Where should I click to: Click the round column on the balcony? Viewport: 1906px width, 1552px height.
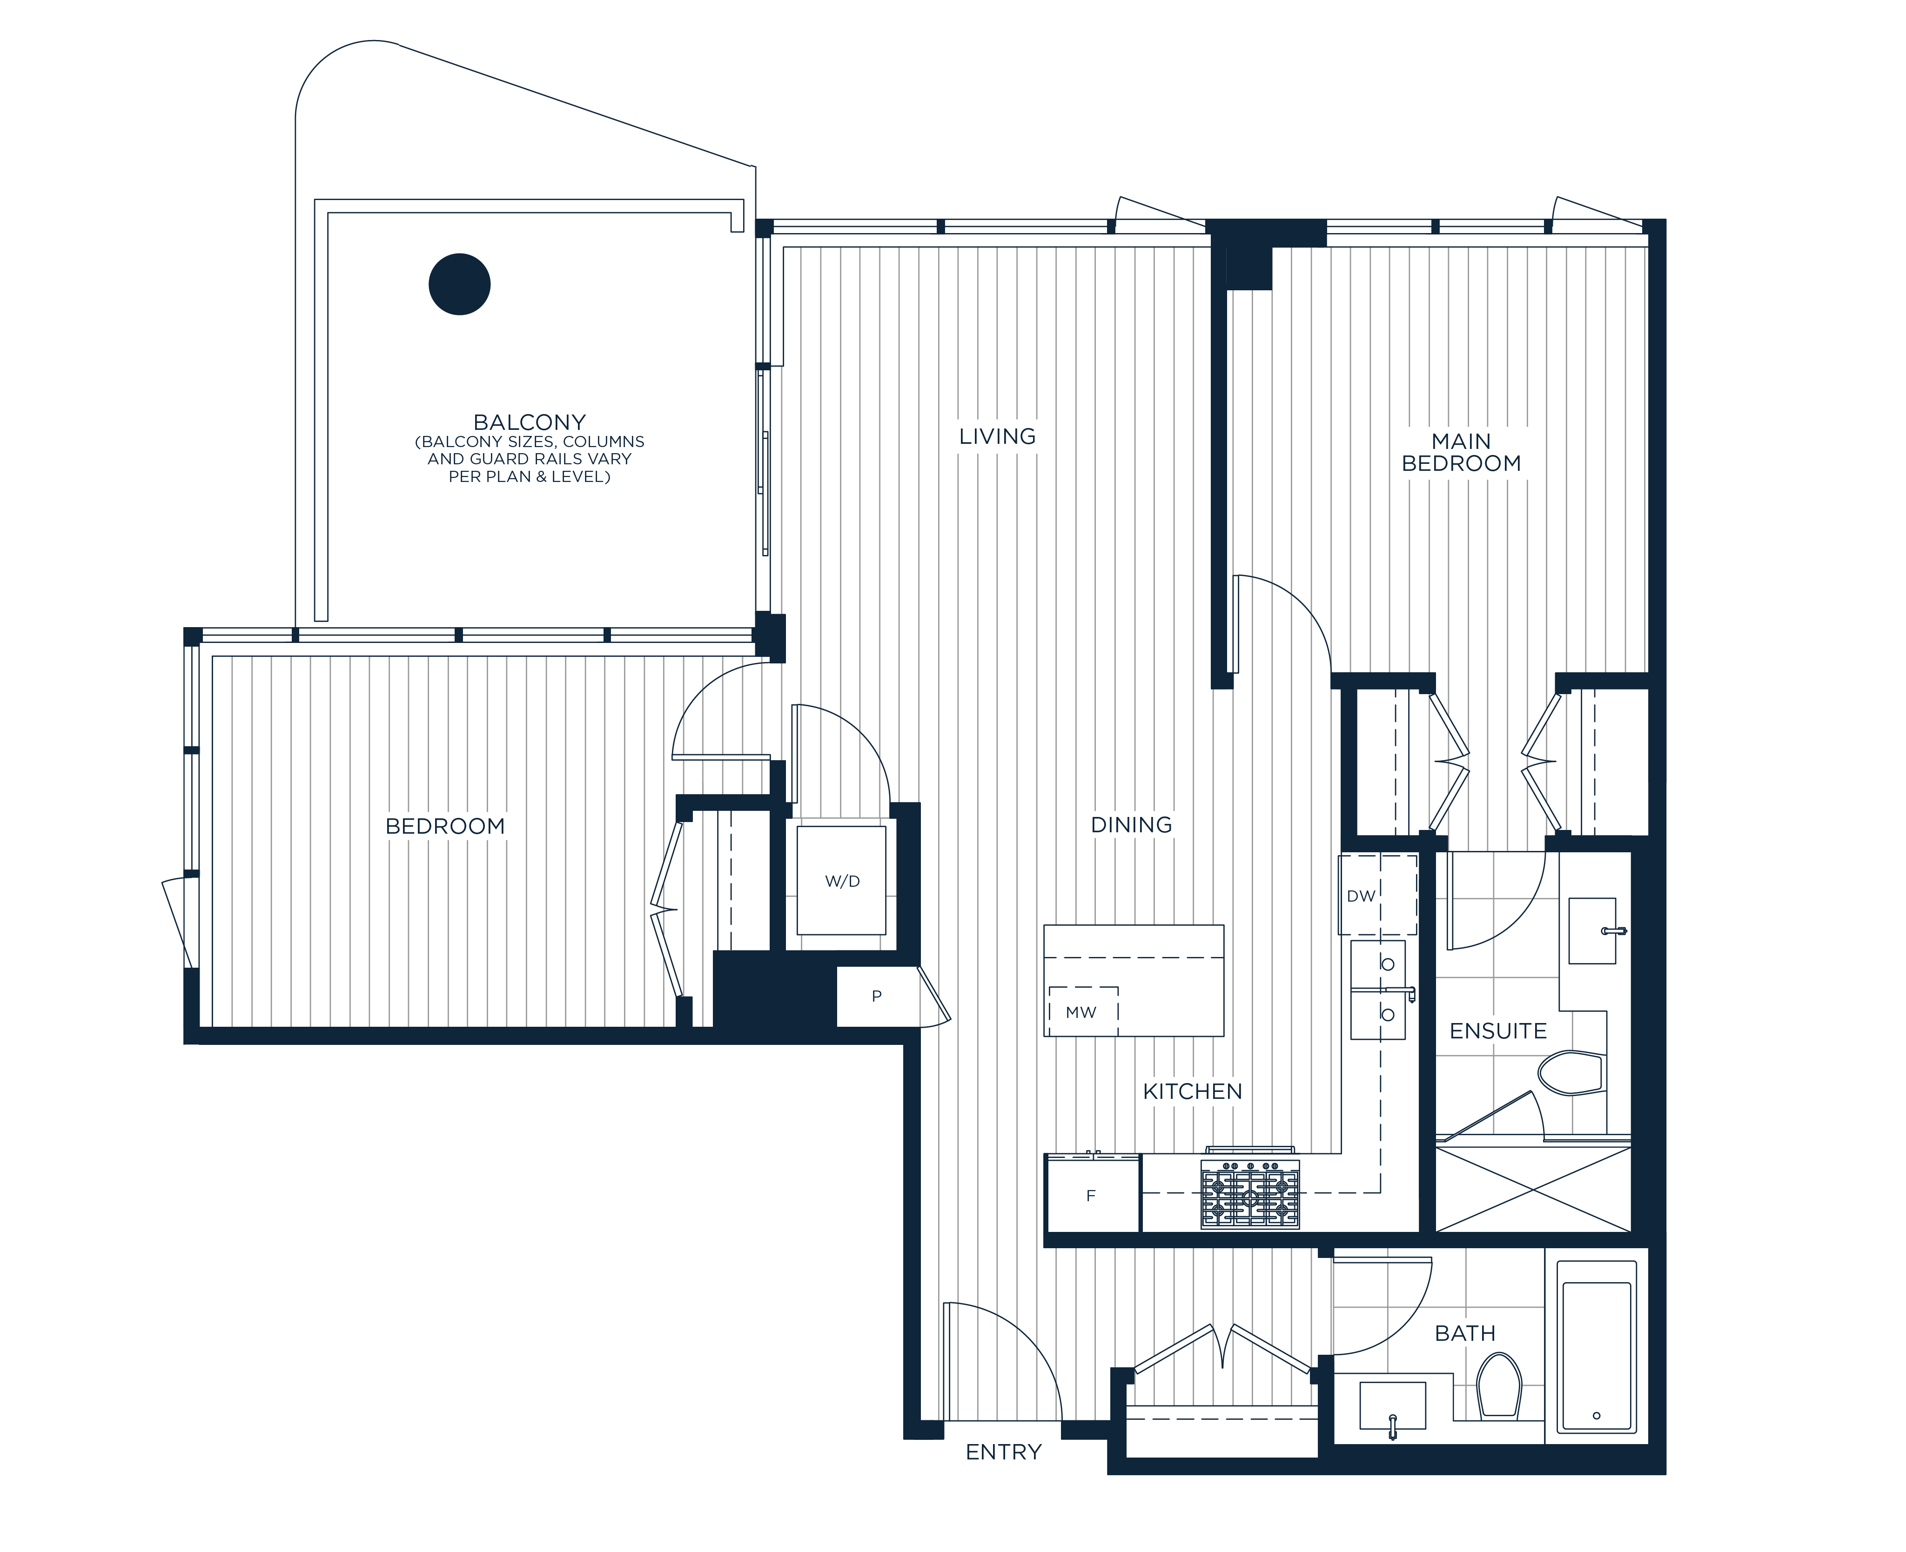pyautogui.click(x=459, y=284)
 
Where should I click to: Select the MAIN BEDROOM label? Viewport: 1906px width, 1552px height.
pyautogui.click(x=1461, y=452)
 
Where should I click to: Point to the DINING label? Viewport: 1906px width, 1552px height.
pyautogui.click(x=1131, y=824)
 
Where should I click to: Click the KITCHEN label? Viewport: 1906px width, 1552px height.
pyautogui.click(x=1193, y=1090)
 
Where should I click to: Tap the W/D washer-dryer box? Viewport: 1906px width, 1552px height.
pyautogui.click(x=841, y=881)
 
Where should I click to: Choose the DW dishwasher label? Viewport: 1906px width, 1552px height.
pyautogui.click(x=1361, y=896)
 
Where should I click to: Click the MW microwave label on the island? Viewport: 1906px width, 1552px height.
pyautogui.click(x=1081, y=1012)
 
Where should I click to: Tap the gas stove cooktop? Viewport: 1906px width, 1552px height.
pyautogui.click(x=1250, y=1192)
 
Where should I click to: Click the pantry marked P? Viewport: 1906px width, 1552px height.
pyautogui.click(x=877, y=996)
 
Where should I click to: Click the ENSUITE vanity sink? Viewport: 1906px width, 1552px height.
pyautogui.click(x=1592, y=930)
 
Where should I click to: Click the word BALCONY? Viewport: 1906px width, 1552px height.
pyautogui.click(x=529, y=422)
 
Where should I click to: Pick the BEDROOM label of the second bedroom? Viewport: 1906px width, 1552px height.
pyautogui.click(x=445, y=826)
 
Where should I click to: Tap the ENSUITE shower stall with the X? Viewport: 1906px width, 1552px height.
pyautogui.click(x=1533, y=1189)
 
